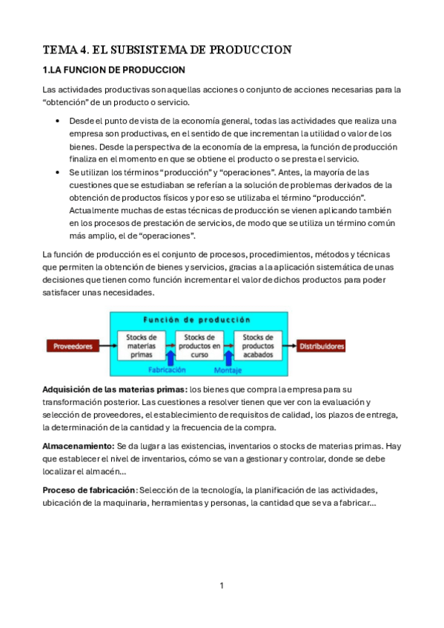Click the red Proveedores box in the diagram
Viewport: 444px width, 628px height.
74,345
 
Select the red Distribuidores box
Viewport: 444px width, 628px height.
321,345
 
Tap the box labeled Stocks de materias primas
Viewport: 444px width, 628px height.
141,344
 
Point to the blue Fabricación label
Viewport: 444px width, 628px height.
167,369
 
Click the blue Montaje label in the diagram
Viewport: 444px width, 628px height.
228,369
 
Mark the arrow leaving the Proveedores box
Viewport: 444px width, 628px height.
109,345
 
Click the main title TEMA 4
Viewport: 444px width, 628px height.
167,50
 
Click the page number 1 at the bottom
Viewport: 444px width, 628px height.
222,586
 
